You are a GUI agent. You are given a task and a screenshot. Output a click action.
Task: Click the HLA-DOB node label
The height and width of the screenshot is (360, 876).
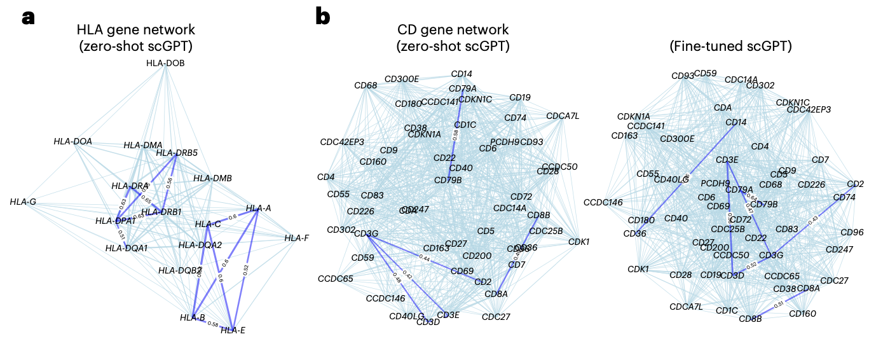click(x=165, y=62)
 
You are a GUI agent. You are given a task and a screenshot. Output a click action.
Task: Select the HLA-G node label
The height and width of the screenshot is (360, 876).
click(x=23, y=202)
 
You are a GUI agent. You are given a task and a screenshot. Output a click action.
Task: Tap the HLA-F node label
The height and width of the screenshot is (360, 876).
click(x=297, y=238)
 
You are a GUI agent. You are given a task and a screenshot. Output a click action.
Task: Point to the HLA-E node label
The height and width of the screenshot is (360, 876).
click(x=233, y=329)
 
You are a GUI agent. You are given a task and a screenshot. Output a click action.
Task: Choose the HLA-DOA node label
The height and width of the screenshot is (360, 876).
click(x=72, y=141)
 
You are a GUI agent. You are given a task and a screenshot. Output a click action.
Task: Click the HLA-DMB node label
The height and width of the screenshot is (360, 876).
click(x=212, y=178)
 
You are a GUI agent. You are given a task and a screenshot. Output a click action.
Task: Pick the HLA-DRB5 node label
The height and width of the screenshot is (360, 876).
click(x=177, y=153)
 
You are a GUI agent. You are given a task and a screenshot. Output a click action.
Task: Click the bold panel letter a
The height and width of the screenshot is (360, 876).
click(x=28, y=17)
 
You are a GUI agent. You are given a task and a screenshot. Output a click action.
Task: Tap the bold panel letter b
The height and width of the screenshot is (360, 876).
click(x=322, y=16)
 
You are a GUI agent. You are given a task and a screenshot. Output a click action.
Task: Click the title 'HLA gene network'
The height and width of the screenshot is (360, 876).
click(x=135, y=30)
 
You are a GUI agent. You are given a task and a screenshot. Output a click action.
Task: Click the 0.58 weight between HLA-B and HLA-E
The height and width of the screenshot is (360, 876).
click(x=212, y=324)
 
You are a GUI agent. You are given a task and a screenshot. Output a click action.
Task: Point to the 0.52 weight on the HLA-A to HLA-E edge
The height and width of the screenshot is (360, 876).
click(x=245, y=270)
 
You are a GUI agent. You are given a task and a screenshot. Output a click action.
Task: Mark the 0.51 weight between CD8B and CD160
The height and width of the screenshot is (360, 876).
click(x=779, y=305)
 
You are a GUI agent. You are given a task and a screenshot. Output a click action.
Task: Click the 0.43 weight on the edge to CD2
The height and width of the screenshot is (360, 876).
click(x=813, y=220)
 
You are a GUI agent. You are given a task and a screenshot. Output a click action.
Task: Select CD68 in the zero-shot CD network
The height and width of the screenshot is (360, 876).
click(x=366, y=85)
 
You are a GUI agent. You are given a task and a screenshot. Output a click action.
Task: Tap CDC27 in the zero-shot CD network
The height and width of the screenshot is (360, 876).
click(x=496, y=317)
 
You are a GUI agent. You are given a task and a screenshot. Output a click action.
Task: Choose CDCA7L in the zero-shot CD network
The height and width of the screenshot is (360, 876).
click(x=563, y=115)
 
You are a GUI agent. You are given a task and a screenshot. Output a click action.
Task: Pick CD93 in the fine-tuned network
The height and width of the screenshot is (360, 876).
click(x=683, y=76)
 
